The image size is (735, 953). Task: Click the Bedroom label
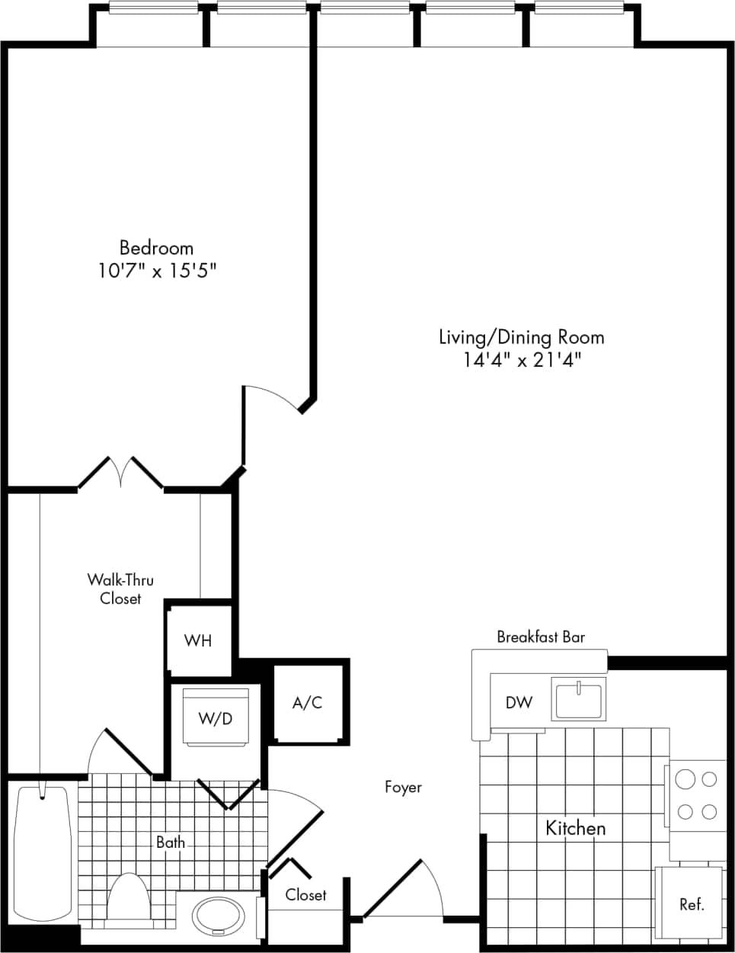tap(156, 248)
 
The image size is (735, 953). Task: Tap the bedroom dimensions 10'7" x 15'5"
tap(161, 271)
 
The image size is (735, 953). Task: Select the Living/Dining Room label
tap(521, 337)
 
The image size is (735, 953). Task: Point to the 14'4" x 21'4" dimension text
tap(522, 360)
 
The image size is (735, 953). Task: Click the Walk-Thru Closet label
tap(120, 589)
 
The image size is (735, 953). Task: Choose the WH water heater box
tap(198, 640)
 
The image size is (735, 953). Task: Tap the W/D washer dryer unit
tap(216, 717)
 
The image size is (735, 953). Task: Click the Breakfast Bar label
tap(541, 637)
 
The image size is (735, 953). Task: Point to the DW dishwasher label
tap(519, 702)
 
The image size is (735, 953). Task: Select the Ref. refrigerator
tap(691, 904)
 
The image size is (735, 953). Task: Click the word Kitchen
tap(576, 828)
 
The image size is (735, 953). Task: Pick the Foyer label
tap(403, 787)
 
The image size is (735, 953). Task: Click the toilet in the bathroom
tap(128, 900)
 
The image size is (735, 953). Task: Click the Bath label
tap(171, 842)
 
